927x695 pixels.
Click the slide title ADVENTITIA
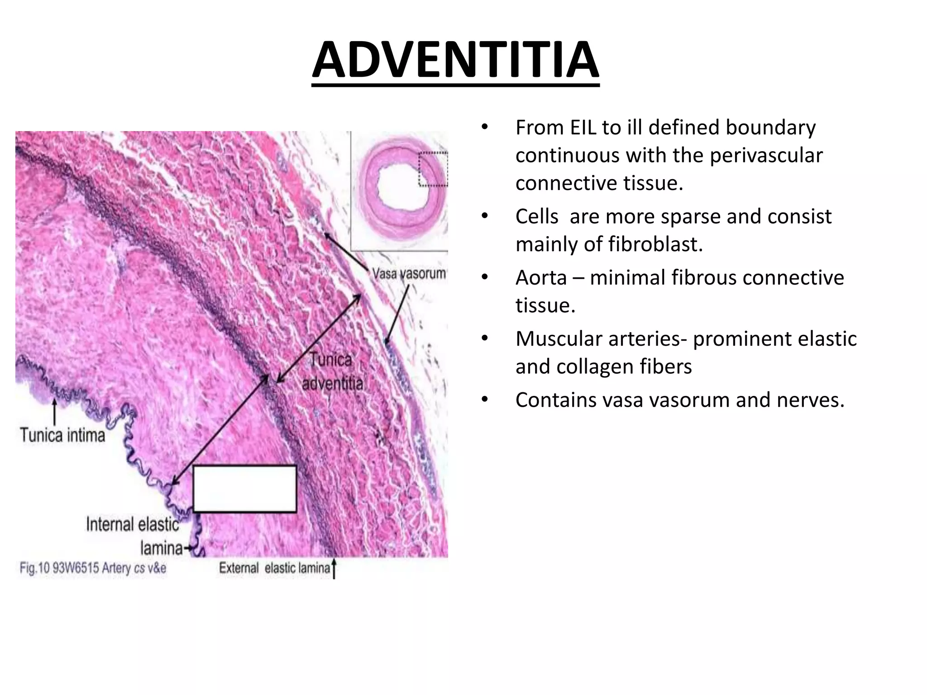pos(455,61)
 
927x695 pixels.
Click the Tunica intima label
pos(62,435)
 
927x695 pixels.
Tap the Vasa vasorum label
pos(408,274)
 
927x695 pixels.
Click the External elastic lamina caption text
pos(275,568)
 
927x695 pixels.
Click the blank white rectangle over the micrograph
pos(245,489)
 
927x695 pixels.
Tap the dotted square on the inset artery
pos(433,169)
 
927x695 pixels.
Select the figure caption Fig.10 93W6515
pos(93,568)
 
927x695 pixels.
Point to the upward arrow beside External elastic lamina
pos(334,568)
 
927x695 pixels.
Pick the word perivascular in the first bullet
pos(766,156)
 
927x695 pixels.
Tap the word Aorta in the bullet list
pos(541,277)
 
